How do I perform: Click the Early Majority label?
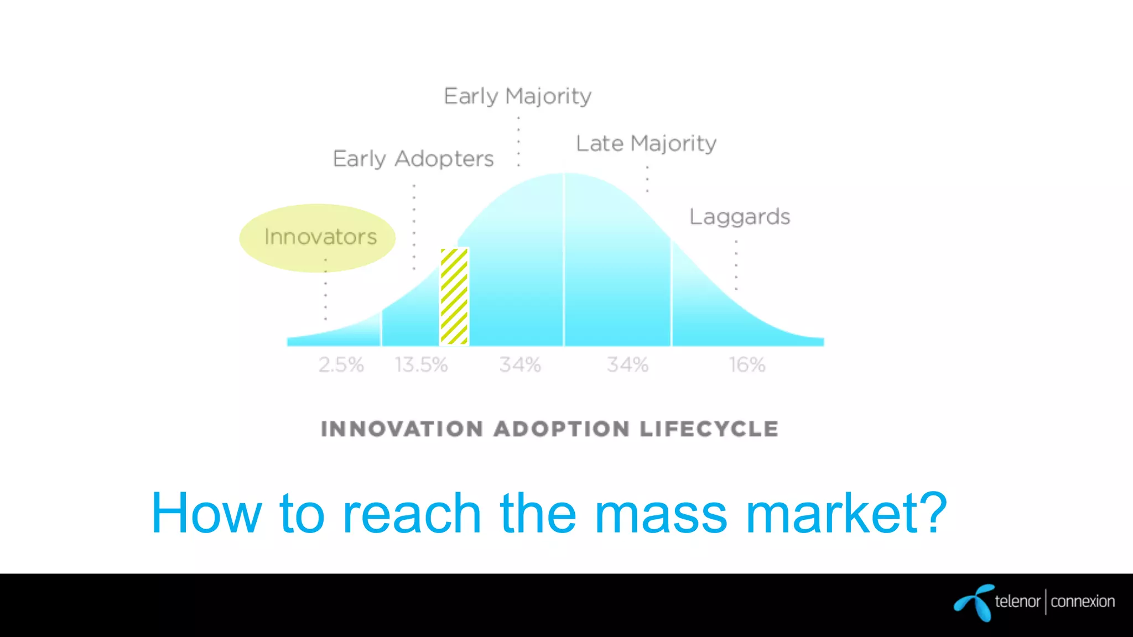pos(517,97)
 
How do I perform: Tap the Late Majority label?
pos(646,144)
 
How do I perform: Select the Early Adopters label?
pos(413,159)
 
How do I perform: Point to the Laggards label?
pos(740,217)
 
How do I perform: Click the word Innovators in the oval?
pos(320,237)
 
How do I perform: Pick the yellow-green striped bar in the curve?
pos(454,296)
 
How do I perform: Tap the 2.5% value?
pos(341,365)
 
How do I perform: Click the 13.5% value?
pos(421,365)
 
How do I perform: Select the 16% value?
pos(747,365)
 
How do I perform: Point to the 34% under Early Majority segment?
pos(519,365)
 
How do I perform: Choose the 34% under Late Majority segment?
pos(627,365)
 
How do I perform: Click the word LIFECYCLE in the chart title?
pos(709,429)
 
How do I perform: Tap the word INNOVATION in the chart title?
pos(402,429)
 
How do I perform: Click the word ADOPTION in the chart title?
pos(562,429)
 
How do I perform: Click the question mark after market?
pos(931,513)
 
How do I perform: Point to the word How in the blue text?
pos(206,514)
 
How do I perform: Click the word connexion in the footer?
pos(1083,602)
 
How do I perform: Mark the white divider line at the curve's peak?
pos(564,260)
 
